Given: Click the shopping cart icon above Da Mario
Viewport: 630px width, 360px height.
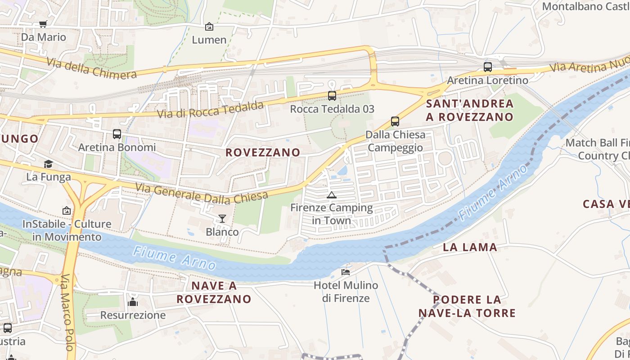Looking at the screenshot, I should pos(43,24).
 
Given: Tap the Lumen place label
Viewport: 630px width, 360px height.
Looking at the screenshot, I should pos(209,40).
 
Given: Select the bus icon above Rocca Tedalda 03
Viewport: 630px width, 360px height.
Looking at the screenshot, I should pos(332,95).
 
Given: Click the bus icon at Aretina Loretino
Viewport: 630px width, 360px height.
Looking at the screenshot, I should pos(487,67).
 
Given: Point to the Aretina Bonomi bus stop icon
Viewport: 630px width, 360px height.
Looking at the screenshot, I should pos(117,134).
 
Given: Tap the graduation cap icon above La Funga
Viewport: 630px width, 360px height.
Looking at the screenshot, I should pos(48,164).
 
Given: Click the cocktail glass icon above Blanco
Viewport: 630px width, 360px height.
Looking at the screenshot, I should pos(222,219).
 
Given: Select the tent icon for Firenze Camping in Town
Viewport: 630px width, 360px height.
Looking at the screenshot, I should pos(332,195).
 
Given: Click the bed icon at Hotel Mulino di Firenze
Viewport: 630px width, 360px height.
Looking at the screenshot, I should pos(346,272).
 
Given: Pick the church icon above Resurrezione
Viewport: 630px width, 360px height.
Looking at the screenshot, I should pos(132,301).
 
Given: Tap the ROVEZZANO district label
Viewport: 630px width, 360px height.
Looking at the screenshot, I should pos(263,153).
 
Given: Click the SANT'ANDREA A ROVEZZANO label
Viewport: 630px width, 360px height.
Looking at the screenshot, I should pos(469,110).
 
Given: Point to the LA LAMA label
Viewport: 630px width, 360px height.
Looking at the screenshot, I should pos(470,247).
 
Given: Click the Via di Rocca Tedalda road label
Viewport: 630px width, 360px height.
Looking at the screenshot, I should pos(210,110).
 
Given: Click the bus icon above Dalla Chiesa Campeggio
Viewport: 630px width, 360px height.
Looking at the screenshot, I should pos(395,121).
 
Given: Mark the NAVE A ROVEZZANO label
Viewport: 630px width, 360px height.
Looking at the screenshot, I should pos(214,292).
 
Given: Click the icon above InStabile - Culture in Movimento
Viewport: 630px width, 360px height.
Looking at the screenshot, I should pos(67,210).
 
